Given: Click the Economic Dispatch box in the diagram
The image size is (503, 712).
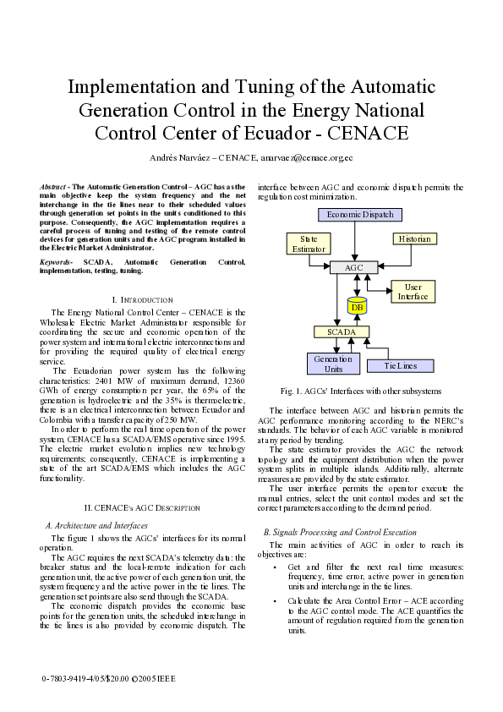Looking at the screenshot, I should (360, 215).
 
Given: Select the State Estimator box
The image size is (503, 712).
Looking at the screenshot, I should (303, 244).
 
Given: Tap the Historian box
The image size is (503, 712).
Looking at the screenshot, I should (414, 239).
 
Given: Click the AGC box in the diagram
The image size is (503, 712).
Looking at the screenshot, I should (353, 267).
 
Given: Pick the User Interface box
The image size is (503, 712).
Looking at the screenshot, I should (413, 292).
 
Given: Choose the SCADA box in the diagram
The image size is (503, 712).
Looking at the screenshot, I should (342, 332).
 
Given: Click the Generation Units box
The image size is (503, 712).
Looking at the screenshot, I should (333, 363).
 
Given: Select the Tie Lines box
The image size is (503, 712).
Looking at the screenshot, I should (402, 365).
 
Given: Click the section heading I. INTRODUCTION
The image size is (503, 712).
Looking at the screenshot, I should (142, 300).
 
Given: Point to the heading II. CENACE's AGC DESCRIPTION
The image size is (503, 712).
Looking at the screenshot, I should (142, 507).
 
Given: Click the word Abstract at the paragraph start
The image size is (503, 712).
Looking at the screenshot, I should (54, 186).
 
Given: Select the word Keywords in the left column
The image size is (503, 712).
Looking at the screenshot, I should (55, 263).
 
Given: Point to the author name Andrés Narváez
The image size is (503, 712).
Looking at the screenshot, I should (179, 158).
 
